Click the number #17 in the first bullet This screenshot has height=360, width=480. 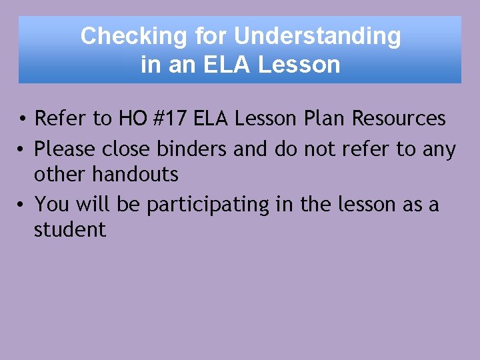(173, 119)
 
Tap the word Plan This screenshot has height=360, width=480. (326, 119)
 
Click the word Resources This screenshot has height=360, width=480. (399, 119)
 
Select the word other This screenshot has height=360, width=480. (60, 175)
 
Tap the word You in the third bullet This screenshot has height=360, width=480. (51, 203)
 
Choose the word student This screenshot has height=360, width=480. (70, 230)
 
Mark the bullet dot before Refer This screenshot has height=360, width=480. (23, 120)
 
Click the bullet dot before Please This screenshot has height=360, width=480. (23, 149)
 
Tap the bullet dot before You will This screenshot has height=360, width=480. (23, 204)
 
